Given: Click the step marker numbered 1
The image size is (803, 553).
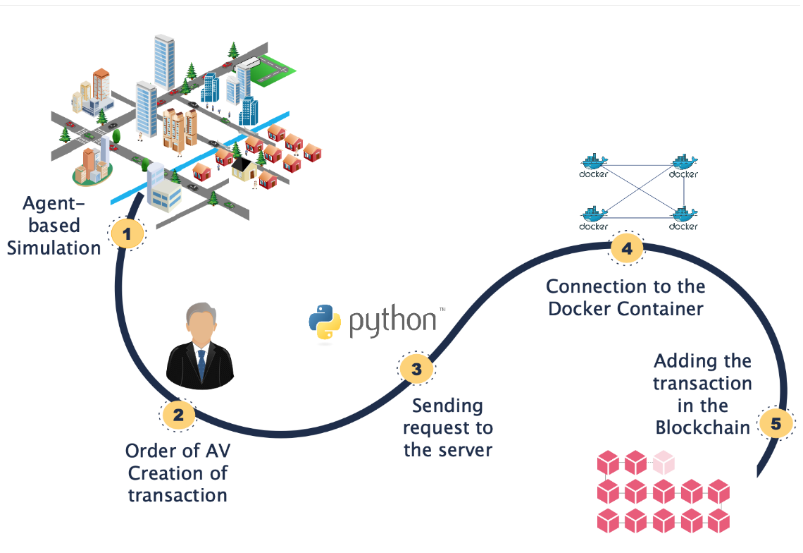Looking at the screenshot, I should [127, 233].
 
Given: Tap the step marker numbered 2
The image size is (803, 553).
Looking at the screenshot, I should [178, 415].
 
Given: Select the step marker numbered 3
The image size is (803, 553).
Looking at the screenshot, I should [416, 369].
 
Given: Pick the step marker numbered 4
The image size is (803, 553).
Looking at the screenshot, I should [626, 248].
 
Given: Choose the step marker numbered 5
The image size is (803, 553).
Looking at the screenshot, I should [776, 424].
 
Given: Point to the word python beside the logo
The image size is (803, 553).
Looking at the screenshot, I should [393, 322].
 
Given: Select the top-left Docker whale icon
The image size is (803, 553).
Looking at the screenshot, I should [594, 161].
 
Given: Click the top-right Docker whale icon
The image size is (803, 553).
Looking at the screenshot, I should [683, 161].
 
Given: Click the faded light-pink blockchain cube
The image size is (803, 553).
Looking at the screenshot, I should [663, 463].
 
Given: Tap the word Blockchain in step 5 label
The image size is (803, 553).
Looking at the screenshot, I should [702, 427].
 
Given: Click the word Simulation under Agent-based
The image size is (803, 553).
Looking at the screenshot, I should [54, 248].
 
